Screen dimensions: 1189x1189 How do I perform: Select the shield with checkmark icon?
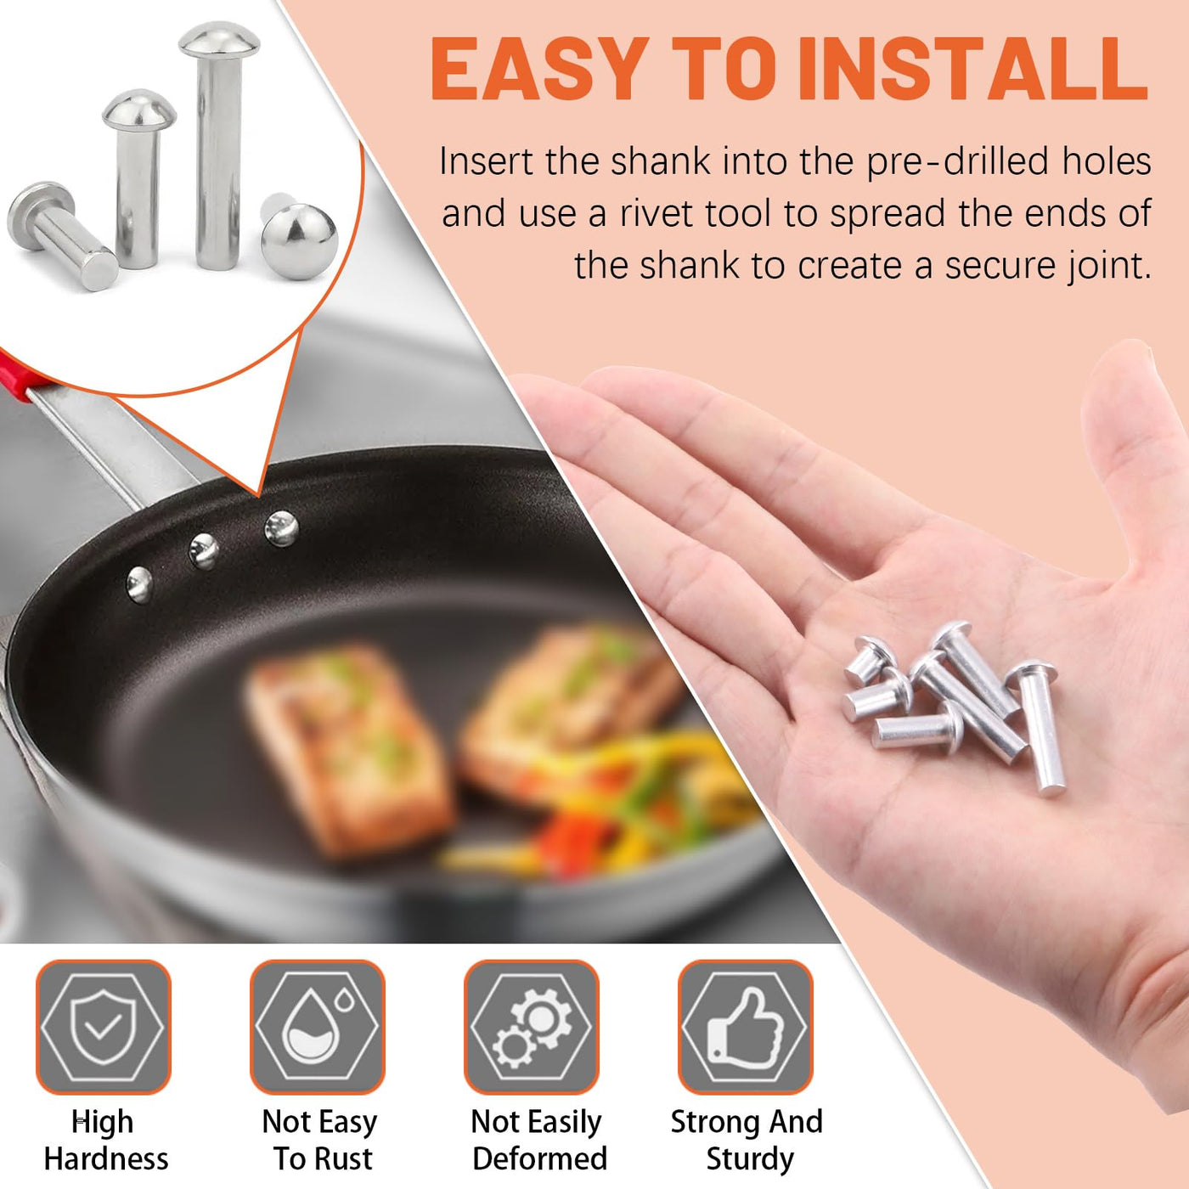[103, 1027]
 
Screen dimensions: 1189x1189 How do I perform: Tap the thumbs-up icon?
[745, 1027]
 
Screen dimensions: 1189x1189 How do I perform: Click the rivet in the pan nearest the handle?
[139, 584]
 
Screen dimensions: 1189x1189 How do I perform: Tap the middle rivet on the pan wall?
[204, 551]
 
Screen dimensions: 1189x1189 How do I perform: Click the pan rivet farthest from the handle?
[281, 529]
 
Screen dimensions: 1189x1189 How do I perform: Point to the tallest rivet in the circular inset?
[218, 145]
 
